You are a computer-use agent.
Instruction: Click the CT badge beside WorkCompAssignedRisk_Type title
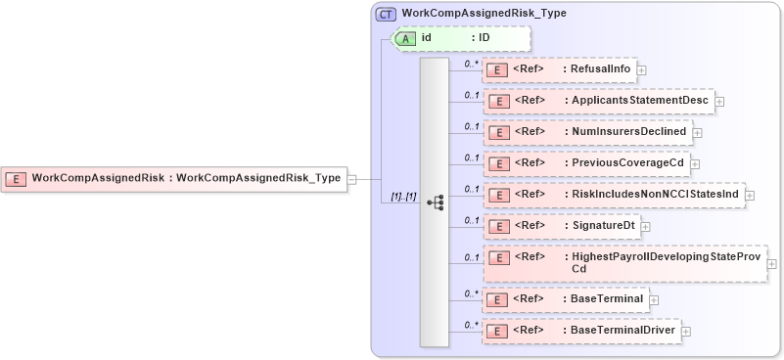[x=387, y=15]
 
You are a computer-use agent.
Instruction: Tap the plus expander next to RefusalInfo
[x=642, y=69]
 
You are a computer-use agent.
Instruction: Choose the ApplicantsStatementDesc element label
[x=640, y=101]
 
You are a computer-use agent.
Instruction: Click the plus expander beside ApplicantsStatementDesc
[x=719, y=101]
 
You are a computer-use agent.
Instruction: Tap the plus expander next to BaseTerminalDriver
[x=685, y=331]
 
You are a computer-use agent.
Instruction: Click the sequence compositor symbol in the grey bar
[x=435, y=202]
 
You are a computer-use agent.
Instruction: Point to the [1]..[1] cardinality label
[x=403, y=197]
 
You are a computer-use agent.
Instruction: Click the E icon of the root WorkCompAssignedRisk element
[x=17, y=178]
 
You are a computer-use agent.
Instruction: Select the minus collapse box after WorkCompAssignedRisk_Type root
[x=351, y=179]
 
